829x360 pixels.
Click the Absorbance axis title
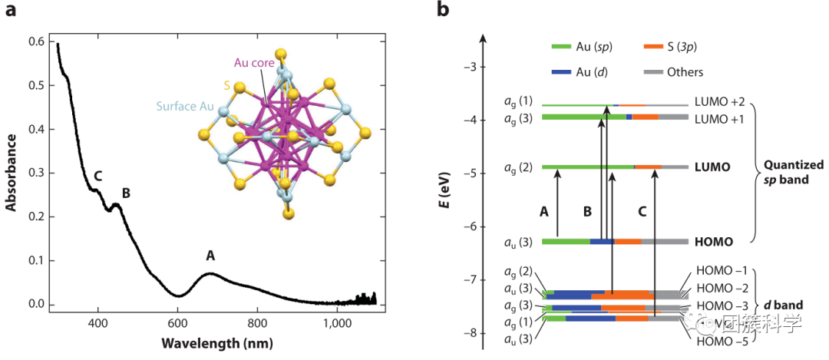point(12,173)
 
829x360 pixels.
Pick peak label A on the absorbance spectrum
point(210,257)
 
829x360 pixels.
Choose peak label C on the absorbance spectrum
point(97,177)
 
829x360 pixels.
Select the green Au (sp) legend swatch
point(567,48)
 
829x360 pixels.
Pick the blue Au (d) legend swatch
point(567,72)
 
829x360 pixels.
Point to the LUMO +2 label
point(718,101)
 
